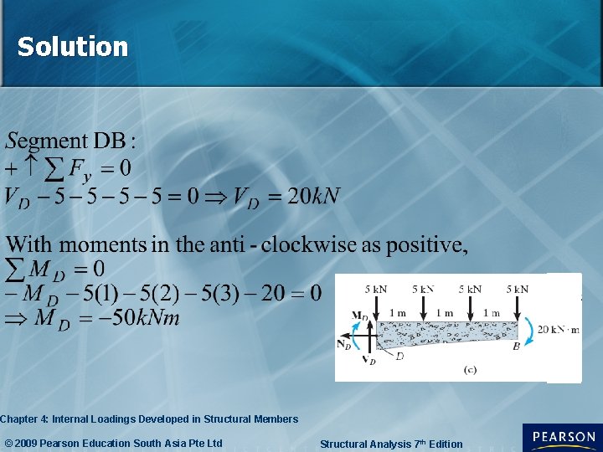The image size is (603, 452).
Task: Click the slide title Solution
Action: pyautogui.click(x=73, y=47)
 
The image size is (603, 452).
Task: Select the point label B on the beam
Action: pyautogui.click(x=516, y=345)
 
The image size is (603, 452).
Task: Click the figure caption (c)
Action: pyautogui.click(x=470, y=369)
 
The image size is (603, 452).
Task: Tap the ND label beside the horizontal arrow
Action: pyautogui.click(x=343, y=344)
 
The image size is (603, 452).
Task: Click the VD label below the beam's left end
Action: pyautogui.click(x=368, y=360)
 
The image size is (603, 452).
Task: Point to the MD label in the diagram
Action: pyautogui.click(x=359, y=316)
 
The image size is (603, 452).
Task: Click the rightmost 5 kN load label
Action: pyautogui.click(x=518, y=290)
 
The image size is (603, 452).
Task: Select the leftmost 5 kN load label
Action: pyautogui.click(x=376, y=290)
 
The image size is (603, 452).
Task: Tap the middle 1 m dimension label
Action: pyautogui.click(x=446, y=313)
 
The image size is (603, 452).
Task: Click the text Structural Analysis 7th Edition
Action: pyautogui.click(x=391, y=444)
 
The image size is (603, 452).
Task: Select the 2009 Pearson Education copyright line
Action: pyautogui.click(x=114, y=443)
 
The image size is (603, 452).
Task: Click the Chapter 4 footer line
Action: pyautogui.click(x=149, y=419)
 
